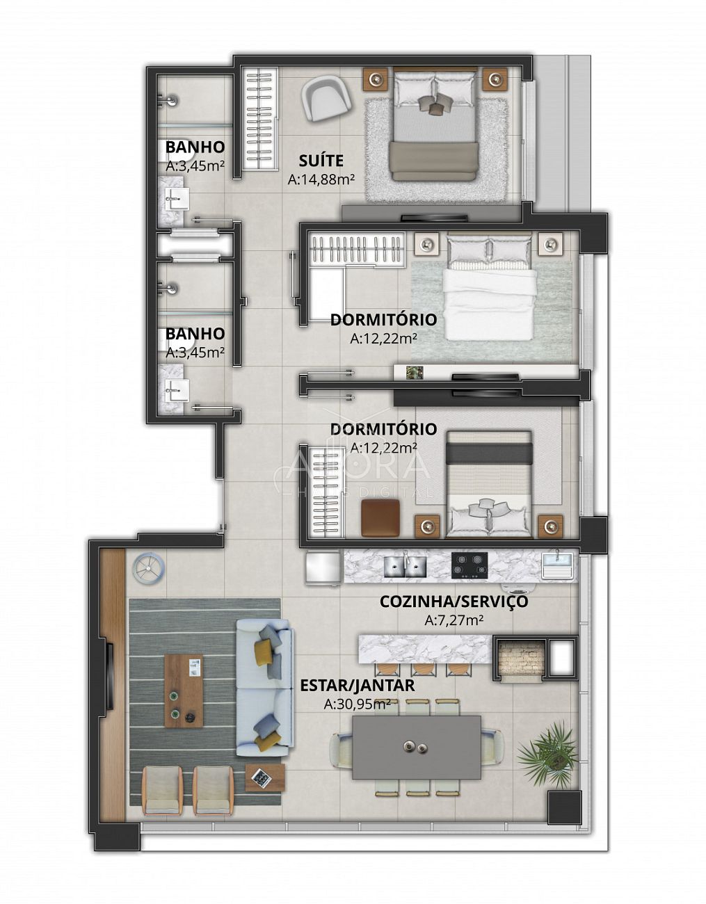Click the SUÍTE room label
point(321,161)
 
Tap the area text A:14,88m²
point(321,179)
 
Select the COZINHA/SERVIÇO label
point(454,602)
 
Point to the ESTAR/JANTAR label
point(358,686)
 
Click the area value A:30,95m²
point(358,704)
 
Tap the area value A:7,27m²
point(454,621)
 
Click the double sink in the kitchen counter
point(405,564)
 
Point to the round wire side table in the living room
point(149,567)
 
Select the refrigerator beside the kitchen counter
point(323,568)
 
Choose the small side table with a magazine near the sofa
point(265,777)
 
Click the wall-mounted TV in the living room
point(111,692)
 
